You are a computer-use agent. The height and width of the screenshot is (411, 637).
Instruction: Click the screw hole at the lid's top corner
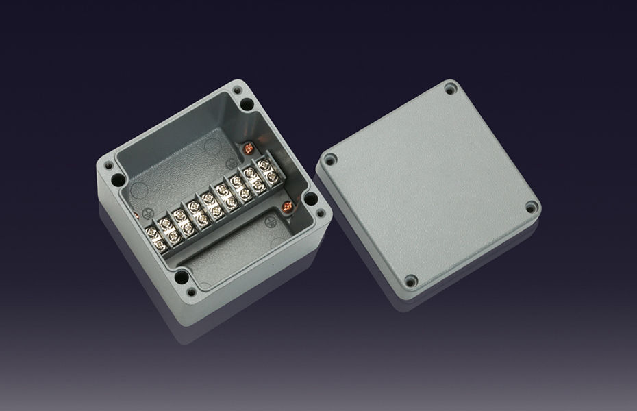click(x=450, y=88)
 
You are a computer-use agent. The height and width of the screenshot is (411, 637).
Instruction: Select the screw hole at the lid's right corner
click(x=532, y=207)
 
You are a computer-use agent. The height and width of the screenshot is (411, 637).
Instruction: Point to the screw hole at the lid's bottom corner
click(x=411, y=281)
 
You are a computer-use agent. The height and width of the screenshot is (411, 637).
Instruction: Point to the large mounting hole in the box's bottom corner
click(x=182, y=277)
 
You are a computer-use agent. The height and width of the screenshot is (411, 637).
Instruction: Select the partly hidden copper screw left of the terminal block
click(x=138, y=218)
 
